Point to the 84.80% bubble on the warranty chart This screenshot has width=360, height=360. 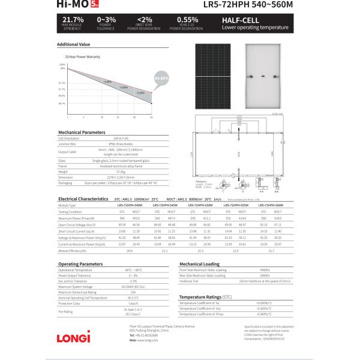pyautogui.click(x=161, y=78)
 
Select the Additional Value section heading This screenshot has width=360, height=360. pyautogui.click(x=73, y=44)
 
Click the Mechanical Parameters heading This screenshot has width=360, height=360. pyautogui.click(x=81, y=132)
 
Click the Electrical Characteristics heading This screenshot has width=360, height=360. pyautogui.click(x=83, y=198)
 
